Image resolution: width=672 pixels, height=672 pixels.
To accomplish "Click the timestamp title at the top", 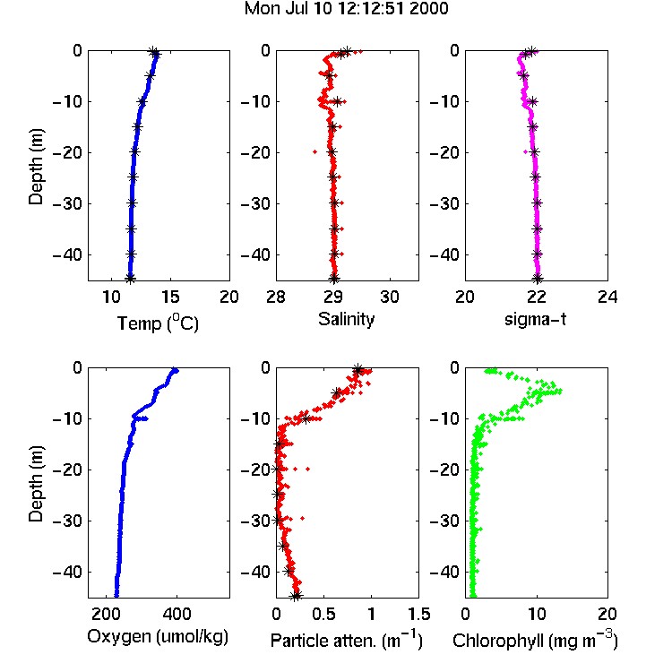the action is coord(346,9).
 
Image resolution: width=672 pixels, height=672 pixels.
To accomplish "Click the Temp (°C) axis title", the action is coord(158,323).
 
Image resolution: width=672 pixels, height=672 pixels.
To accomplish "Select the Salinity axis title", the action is coord(346,319).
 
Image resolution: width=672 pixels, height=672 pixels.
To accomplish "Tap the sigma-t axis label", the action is coord(535,319).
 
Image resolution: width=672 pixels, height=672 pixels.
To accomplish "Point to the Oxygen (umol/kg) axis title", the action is coord(158,637).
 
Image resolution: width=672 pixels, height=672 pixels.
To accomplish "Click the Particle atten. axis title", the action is coord(347,640).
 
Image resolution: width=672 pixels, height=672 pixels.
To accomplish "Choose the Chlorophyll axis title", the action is coord(535,640).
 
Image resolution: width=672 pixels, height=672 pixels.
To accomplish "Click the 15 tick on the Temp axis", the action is coord(170,297).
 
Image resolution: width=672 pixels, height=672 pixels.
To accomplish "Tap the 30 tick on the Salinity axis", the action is coord(390,297).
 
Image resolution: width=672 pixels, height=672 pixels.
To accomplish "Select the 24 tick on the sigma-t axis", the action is coord(607,297).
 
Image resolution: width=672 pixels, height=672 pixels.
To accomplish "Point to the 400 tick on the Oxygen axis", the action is coord(177,614).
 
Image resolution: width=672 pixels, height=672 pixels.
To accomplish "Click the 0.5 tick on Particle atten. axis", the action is coord(323,614).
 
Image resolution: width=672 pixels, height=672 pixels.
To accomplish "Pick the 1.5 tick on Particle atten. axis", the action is coord(418,614).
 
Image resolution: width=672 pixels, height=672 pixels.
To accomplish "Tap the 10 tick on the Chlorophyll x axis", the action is coord(537,614).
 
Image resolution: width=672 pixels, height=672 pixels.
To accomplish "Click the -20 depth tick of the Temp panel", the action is coord(67,152).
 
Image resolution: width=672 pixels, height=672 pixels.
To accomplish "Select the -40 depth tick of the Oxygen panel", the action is coord(67,572).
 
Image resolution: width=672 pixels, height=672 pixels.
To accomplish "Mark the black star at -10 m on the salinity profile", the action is coord(338,101).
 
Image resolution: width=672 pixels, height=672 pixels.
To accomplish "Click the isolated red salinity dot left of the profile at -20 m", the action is coord(315,151).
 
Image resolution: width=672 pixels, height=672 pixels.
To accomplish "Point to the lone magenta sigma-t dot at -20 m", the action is coord(526,151).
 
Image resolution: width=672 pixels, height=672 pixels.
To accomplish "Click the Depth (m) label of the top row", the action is coord(36,167).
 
